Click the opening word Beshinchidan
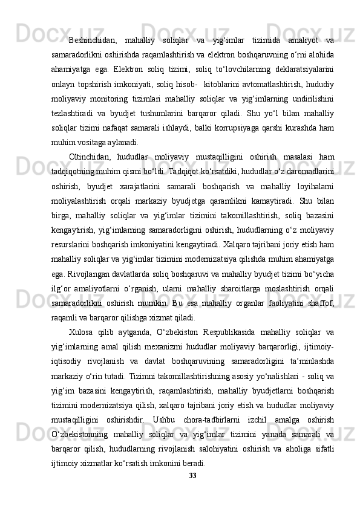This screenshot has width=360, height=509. (93, 41)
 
